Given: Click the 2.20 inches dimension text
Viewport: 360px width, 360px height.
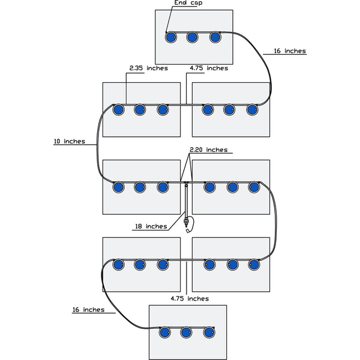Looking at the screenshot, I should coord(208,149).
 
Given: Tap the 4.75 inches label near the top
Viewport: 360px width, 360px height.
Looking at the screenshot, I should coord(208,68).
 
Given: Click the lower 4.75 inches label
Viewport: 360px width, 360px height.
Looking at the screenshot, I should coord(189,298).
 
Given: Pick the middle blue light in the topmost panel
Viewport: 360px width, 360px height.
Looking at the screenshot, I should coord(193,37).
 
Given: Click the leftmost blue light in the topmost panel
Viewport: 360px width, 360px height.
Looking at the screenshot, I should coord(170,37).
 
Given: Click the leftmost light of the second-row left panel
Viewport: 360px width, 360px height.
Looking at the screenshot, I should coord(118,109).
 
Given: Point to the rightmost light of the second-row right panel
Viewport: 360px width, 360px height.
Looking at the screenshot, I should coord(252,109).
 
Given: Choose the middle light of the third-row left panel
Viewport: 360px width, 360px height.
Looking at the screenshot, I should coord(140,187).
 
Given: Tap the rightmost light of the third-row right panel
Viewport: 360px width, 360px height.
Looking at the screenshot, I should coord(254,187).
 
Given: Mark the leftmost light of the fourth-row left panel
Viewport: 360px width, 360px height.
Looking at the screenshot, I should coord(118,264).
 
